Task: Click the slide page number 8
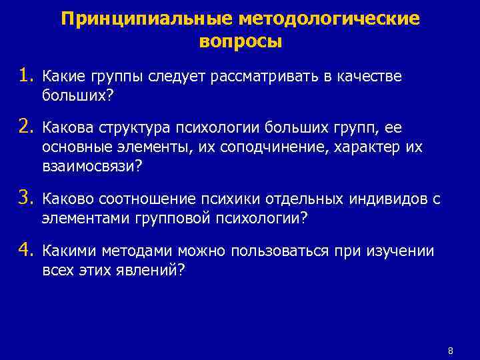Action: (x=451, y=350)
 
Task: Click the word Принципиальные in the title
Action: (x=135, y=19)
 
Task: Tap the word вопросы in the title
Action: (x=241, y=42)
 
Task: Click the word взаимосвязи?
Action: (x=92, y=165)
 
